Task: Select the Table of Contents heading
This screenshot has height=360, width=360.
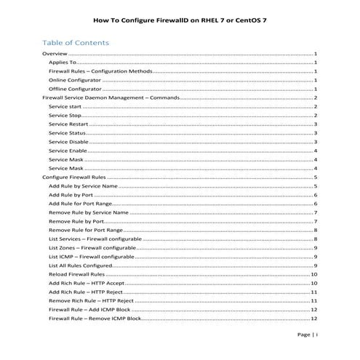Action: [76, 42]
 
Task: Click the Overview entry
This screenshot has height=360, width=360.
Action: [56, 55]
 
